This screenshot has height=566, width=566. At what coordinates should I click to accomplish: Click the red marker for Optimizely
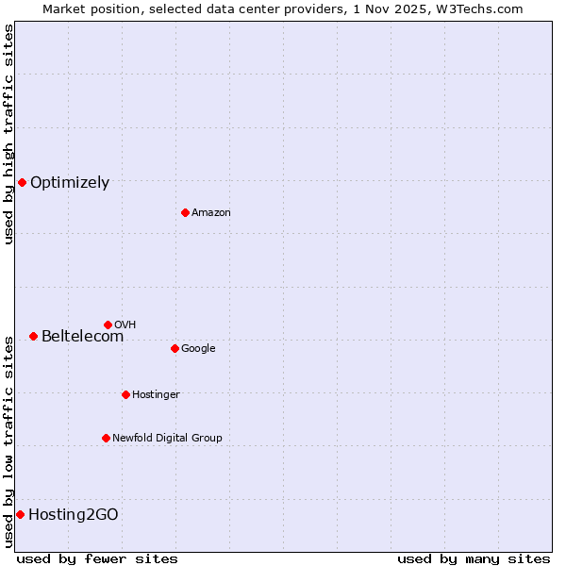pyautogui.click(x=22, y=182)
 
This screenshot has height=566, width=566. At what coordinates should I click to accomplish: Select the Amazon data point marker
pyautogui.click(x=185, y=212)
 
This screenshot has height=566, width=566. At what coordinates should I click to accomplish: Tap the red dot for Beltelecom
pyautogui.click(x=33, y=336)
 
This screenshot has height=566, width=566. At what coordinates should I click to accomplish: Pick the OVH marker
pyautogui.click(x=108, y=325)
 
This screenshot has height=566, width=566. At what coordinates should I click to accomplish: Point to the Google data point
pyautogui.click(x=175, y=348)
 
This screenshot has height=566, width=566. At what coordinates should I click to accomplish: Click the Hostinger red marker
pyautogui.click(x=125, y=394)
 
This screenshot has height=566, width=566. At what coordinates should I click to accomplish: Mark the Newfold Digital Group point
pyautogui.click(x=106, y=438)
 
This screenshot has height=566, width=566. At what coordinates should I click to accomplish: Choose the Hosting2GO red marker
pyautogui.click(x=20, y=514)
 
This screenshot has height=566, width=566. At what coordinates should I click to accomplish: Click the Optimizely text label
pyautogui.click(x=70, y=183)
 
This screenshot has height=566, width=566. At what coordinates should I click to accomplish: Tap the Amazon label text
pyautogui.click(x=211, y=213)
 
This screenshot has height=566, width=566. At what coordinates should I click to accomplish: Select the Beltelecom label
pyautogui.click(x=82, y=337)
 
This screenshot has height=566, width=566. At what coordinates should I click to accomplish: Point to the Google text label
pyautogui.click(x=198, y=349)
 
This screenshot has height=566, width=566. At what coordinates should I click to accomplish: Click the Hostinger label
pyautogui.click(x=156, y=395)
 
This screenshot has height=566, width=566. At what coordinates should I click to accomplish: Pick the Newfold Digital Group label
pyautogui.click(x=167, y=439)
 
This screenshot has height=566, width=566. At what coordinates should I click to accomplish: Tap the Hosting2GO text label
pyautogui.click(x=74, y=515)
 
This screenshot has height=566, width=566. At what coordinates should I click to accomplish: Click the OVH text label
pyautogui.click(x=125, y=325)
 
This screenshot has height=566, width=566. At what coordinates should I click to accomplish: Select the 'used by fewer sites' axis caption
pyautogui.click(x=97, y=558)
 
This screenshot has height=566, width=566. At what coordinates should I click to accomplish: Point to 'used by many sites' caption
pyautogui.click(x=474, y=558)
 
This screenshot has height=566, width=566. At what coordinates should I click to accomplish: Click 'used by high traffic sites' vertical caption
pyautogui.click(x=8, y=134)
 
